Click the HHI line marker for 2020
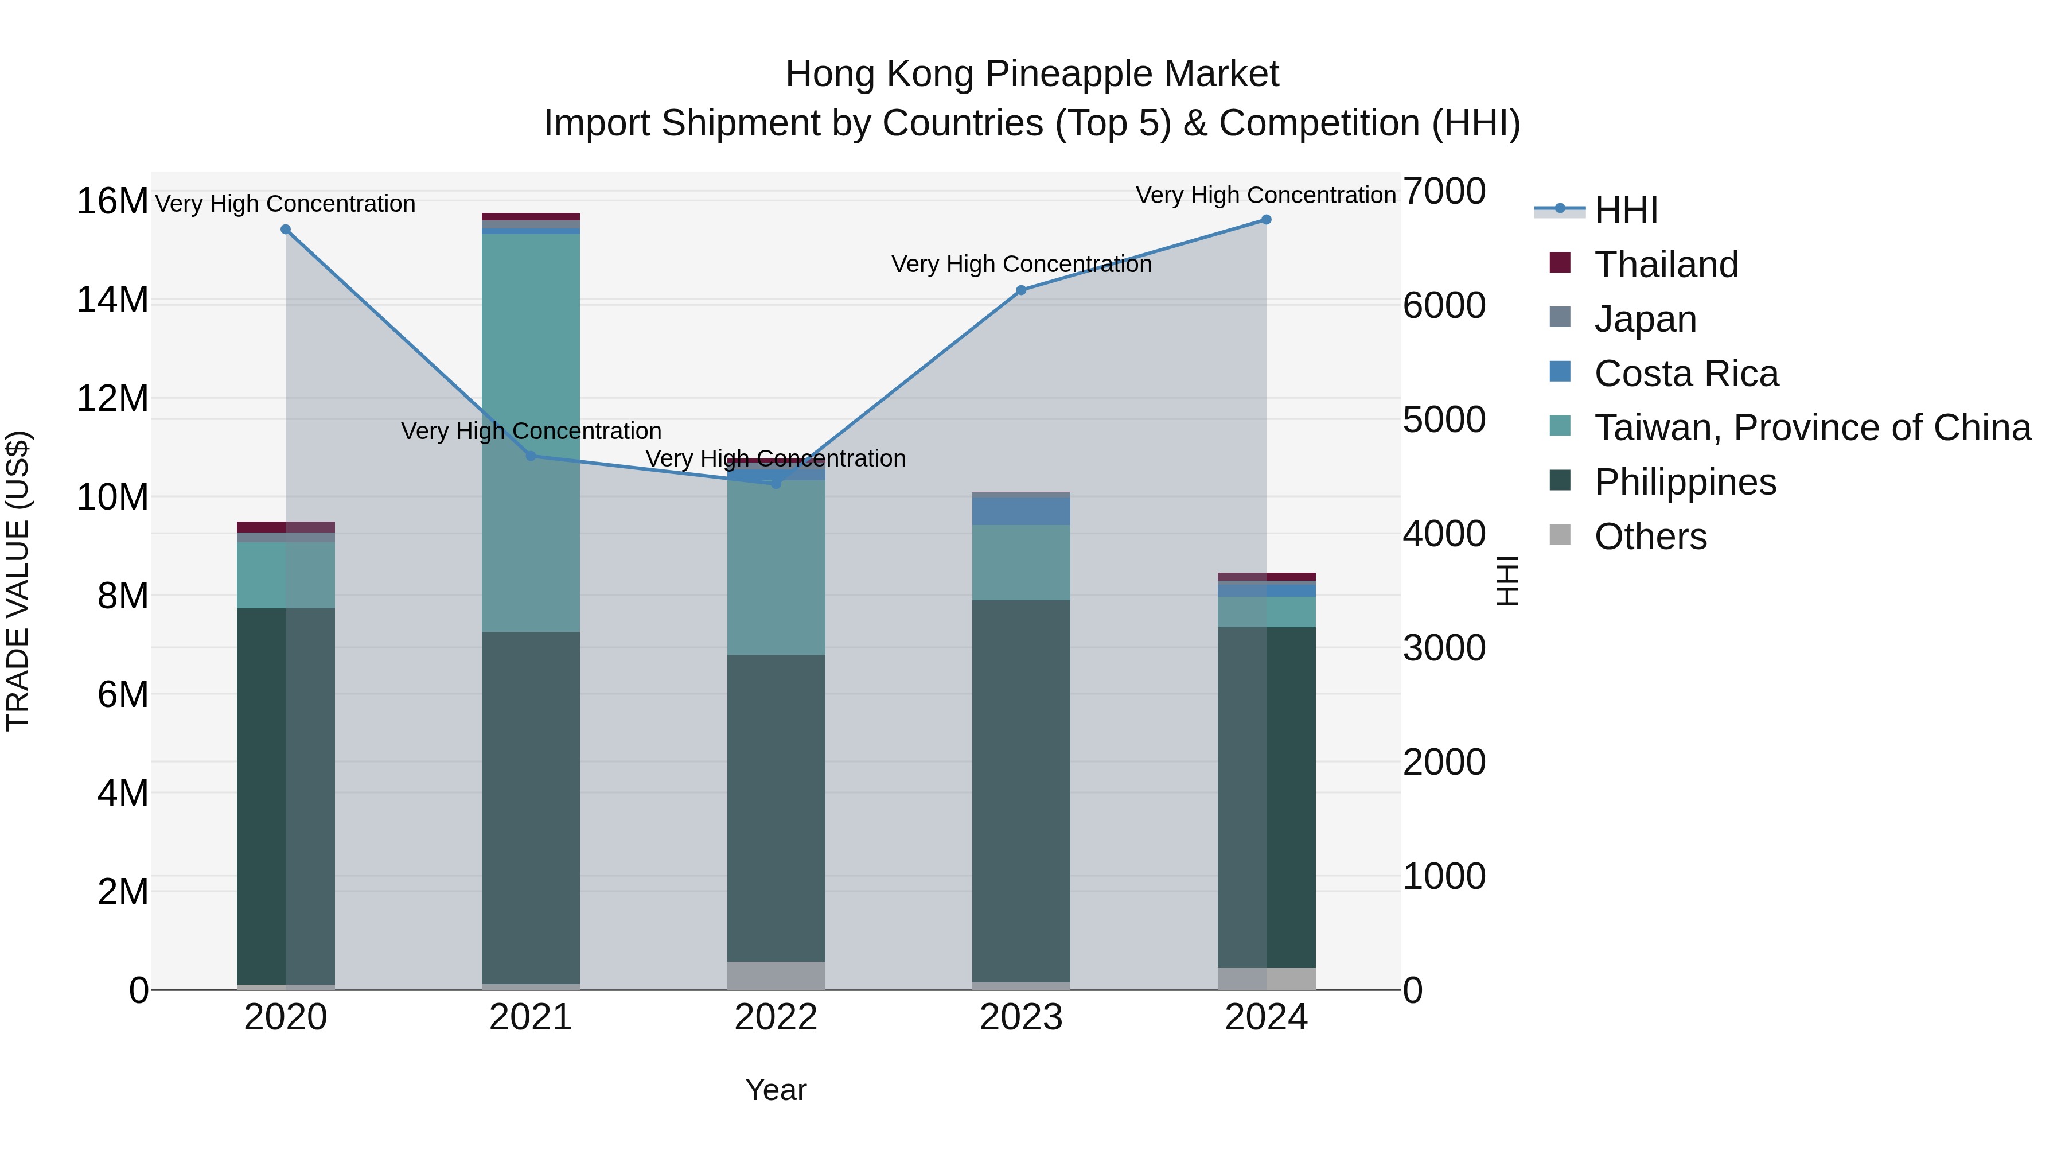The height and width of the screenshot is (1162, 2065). click(286, 230)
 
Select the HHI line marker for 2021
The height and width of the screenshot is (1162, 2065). click(531, 456)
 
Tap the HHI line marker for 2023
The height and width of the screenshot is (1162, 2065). click(1021, 290)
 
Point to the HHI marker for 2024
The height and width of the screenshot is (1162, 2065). click(1267, 220)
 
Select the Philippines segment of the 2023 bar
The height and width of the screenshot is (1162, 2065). click(1021, 790)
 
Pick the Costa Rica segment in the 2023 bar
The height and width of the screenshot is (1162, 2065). click(1021, 511)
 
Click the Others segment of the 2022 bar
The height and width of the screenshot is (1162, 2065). click(776, 975)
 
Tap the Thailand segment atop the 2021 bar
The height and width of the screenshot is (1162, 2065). click(531, 216)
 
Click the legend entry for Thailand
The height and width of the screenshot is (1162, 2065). click(1666, 265)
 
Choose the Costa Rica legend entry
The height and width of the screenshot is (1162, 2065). click(1686, 374)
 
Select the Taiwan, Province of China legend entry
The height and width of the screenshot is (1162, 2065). click(1811, 428)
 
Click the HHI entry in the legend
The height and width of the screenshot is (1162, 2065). click(1626, 210)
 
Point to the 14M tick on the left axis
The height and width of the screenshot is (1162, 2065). click(112, 300)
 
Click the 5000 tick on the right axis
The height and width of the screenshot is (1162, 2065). click(1444, 419)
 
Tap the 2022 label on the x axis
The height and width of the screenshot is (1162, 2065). click(776, 1017)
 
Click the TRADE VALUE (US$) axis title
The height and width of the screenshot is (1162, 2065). click(18, 581)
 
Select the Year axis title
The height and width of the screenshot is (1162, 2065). click(776, 1090)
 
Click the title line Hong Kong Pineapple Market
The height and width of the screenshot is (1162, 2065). click(1032, 74)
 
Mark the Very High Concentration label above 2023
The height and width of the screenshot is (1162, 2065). click(1021, 264)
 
